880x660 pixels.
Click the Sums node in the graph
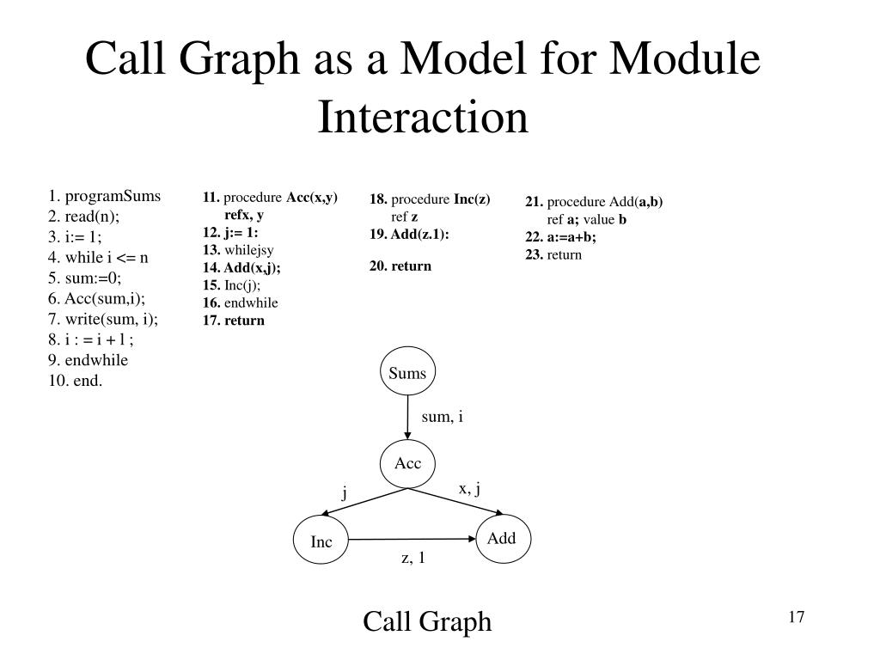[407, 373]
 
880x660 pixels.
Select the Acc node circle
[407, 464]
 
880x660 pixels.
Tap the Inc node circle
[321, 541]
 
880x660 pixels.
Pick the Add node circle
[501, 539]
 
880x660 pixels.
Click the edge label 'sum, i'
[442, 417]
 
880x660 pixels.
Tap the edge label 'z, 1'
[413, 559]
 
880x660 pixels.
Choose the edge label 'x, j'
[468, 488]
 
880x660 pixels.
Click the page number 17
[795, 617]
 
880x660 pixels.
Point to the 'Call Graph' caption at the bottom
[427, 620]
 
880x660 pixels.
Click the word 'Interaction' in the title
[422, 118]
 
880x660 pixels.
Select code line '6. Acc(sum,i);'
[97, 298]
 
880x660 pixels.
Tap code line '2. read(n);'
[84, 216]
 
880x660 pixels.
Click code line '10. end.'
[76, 381]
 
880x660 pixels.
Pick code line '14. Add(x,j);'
[241, 267]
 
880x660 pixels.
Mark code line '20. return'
[400, 266]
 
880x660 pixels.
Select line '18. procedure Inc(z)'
[430, 199]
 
